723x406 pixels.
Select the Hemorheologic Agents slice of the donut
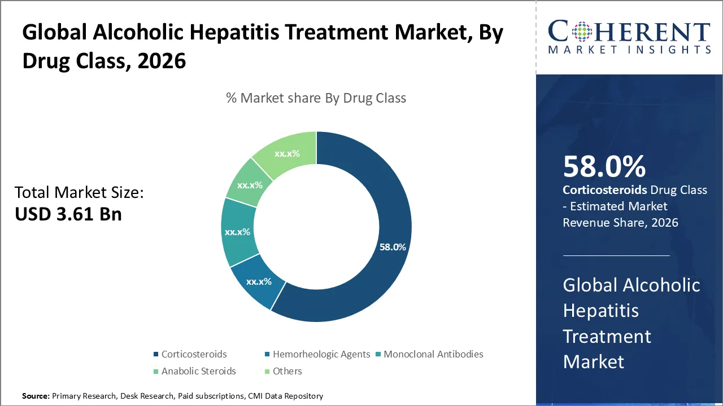[256, 285]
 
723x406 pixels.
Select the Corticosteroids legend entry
[194, 354]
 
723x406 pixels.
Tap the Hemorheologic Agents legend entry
[321, 354]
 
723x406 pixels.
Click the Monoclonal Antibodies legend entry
[433, 354]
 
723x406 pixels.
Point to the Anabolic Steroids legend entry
[198, 371]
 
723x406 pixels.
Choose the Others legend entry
[287, 371]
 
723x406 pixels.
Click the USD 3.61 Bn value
[68, 214]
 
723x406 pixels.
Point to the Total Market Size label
[79, 193]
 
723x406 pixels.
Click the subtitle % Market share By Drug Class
[316, 98]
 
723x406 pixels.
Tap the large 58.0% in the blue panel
[604, 167]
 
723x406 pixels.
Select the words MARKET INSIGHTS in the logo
[629, 50]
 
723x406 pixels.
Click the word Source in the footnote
[36, 396]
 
